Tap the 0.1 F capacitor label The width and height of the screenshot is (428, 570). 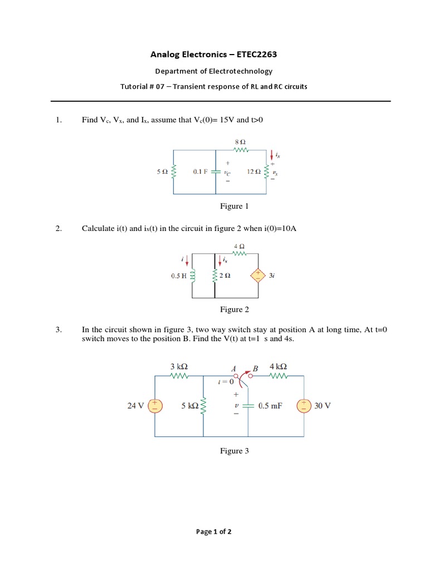(x=200, y=172)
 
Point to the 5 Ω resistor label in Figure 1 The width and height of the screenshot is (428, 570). (x=162, y=172)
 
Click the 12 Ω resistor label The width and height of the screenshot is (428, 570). (x=254, y=172)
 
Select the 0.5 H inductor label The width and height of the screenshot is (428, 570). (x=179, y=276)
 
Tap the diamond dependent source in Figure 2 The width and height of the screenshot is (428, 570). (x=257, y=276)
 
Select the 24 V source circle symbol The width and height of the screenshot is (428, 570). (x=155, y=406)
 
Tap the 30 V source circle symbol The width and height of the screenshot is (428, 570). (x=304, y=406)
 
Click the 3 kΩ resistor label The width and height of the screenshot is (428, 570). (x=179, y=366)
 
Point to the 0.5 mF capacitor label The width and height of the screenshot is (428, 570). (x=270, y=406)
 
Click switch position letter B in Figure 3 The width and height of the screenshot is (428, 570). (x=255, y=368)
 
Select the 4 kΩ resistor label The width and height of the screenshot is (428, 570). (x=278, y=366)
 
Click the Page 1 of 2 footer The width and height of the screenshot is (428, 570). (x=214, y=532)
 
